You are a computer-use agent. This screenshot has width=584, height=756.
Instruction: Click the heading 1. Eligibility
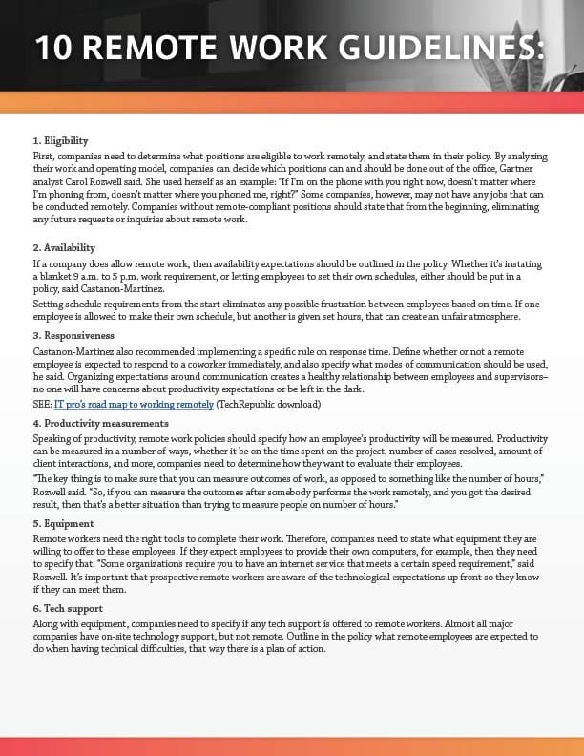[62, 141]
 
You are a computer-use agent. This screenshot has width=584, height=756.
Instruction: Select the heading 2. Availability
[64, 247]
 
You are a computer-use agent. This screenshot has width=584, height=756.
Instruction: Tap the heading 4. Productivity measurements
[100, 423]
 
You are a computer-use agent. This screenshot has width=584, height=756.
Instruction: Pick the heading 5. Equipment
[65, 523]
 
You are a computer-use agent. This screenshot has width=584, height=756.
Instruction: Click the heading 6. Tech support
[70, 610]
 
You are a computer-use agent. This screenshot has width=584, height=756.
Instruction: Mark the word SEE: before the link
[43, 405]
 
